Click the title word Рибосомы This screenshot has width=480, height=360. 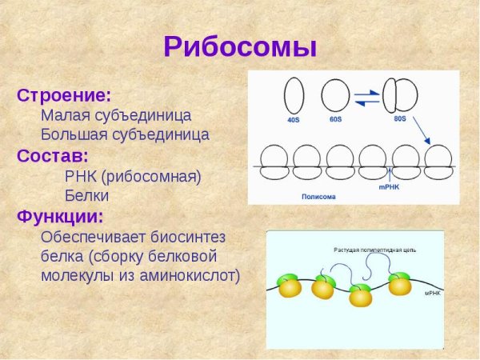pos(240,46)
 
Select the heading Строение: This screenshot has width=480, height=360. pos(64,95)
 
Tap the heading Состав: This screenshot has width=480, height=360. pos(53,155)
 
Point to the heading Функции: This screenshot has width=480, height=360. pos(61,216)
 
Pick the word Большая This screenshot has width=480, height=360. pos(74,134)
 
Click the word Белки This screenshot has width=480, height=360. pos(86,195)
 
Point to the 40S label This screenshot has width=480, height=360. pos(293,120)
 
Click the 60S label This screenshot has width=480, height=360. pos(336,120)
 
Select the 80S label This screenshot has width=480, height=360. pos(400,119)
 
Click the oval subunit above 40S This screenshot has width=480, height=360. pos(294,95)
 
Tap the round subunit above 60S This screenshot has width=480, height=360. pos(336,95)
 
